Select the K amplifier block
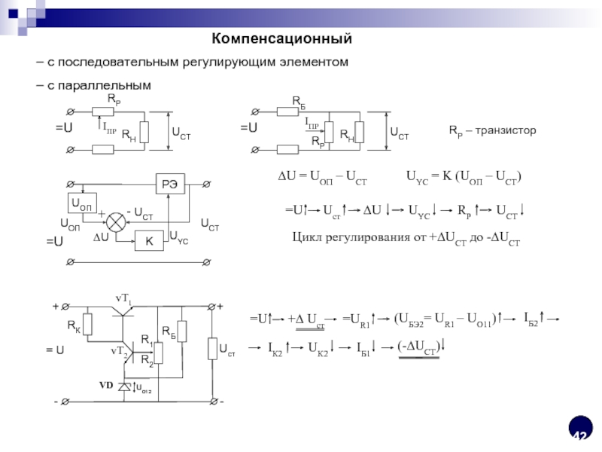pos(149,241)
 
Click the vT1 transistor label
pos(123,302)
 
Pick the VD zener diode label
pos(105,385)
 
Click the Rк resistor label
pos(74,326)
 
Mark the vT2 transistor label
pos(120,351)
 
